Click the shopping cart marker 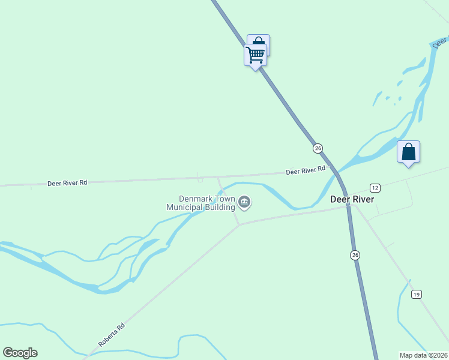coord(256,55)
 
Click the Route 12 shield coord(375,187)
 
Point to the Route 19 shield coord(416,294)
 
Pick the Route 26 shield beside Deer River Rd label coord(318,148)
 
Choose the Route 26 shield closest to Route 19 coord(355,255)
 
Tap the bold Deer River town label coord(352,199)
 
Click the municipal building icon coord(244,202)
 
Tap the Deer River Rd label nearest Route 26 coord(306,171)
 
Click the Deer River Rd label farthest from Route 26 coord(67,182)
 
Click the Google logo coord(20,352)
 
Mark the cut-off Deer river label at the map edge coord(441,42)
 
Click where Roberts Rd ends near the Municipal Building coord(239,225)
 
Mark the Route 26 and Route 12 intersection coord(348,204)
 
